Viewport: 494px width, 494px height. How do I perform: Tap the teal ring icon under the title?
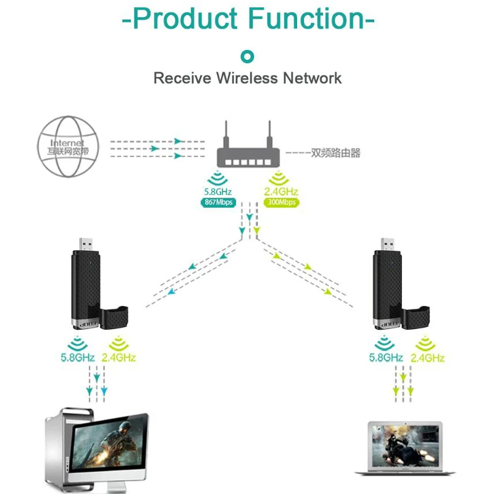point(247,57)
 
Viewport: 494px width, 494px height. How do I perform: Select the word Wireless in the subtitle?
point(248,78)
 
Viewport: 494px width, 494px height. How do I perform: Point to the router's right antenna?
point(269,131)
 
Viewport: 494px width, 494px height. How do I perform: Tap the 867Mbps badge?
point(217,203)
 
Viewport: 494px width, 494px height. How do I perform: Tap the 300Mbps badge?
point(280,203)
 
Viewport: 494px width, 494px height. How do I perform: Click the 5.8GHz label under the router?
point(217,192)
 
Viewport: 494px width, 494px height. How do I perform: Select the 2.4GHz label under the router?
point(280,192)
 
